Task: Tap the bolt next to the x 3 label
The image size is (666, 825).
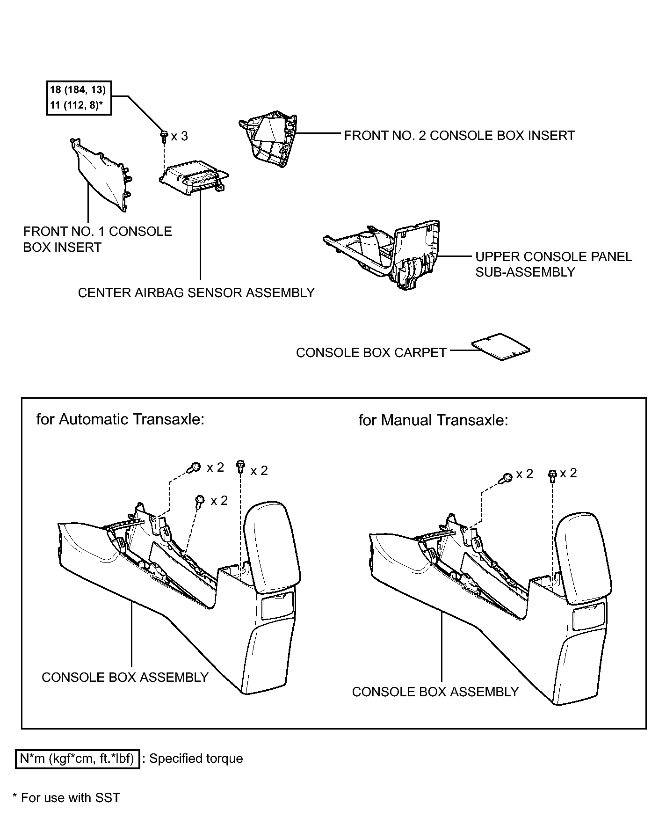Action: (x=164, y=136)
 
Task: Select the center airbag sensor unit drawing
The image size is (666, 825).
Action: (x=194, y=179)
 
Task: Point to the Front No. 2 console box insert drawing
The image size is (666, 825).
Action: (x=268, y=139)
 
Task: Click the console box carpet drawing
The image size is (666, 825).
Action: (x=501, y=347)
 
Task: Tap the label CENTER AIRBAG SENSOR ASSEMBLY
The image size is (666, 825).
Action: (x=196, y=293)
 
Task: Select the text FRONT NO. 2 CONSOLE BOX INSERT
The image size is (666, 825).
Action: (x=459, y=136)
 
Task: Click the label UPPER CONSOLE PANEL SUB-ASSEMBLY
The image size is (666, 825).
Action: (x=553, y=264)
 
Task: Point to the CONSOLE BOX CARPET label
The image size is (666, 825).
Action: (x=371, y=352)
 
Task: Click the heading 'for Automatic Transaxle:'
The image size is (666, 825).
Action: (x=121, y=419)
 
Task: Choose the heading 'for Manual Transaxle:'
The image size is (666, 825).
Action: (x=433, y=420)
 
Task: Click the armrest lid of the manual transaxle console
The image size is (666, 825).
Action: (x=583, y=555)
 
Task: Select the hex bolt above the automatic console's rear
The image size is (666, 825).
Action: (x=241, y=467)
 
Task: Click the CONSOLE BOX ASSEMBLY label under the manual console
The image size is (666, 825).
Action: (x=435, y=692)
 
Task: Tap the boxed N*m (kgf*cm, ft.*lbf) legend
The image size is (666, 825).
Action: (x=78, y=759)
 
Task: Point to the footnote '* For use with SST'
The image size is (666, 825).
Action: (x=66, y=798)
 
